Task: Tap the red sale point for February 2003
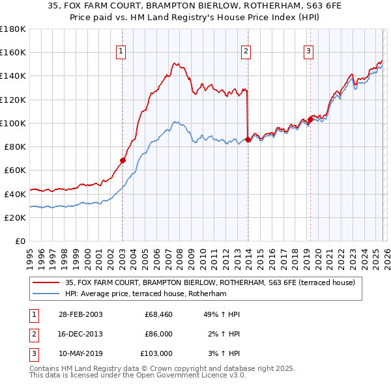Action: [123, 159]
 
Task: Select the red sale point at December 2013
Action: [248, 139]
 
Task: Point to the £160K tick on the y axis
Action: [12, 52]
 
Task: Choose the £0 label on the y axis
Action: [20, 241]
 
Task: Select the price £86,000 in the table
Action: [158, 334]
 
